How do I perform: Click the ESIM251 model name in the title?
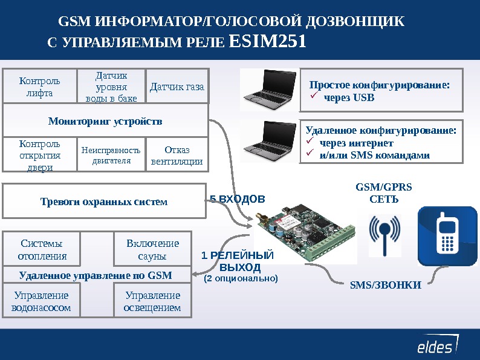coord(269,42)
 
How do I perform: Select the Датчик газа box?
coord(177,87)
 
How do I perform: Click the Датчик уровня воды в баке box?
coord(112,87)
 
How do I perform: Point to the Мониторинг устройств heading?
coord(105,120)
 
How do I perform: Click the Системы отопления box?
coord(42,249)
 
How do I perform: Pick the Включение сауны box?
coord(152,249)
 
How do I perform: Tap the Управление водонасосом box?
coord(41,301)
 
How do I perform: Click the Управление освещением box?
coord(152,301)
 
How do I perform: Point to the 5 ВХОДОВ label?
coord(237,198)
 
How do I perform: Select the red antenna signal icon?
coord(384,235)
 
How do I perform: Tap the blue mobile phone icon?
coord(447,236)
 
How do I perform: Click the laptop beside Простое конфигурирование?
coord(268,90)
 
